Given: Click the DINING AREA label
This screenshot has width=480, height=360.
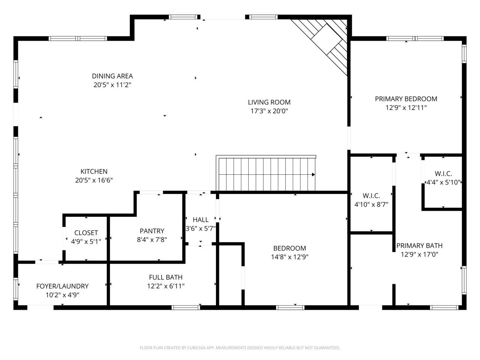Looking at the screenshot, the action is [112, 76].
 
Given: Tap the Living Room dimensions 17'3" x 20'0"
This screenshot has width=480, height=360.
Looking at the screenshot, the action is [269, 111].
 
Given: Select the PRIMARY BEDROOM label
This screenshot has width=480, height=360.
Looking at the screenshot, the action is [406, 99].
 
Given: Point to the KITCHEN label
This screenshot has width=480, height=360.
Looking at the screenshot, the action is [94, 171].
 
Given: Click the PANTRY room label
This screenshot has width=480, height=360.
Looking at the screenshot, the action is [152, 231].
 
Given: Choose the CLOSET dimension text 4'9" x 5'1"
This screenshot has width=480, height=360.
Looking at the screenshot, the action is [86, 241].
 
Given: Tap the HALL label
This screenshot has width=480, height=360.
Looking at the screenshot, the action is [201, 219].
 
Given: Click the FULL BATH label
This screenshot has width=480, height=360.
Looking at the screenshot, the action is [165, 277].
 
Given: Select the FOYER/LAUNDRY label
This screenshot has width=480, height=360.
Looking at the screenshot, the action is [62, 286].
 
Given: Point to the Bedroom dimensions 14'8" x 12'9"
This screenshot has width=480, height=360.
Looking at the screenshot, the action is [289, 257].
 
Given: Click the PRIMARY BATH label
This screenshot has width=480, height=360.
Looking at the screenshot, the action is [419, 246].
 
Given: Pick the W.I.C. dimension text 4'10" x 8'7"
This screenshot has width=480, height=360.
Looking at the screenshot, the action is [371, 204].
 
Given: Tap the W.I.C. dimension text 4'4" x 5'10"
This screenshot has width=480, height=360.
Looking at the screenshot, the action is [443, 182].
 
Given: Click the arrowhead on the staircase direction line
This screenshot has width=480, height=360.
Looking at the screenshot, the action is [313, 174].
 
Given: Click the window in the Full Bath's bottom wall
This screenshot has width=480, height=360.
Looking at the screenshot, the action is [186, 307].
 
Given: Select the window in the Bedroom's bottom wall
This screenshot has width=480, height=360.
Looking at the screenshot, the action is [290, 307].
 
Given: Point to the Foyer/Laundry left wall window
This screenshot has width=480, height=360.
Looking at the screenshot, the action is [16, 289].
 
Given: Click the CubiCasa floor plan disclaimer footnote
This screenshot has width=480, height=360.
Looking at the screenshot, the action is [240, 348].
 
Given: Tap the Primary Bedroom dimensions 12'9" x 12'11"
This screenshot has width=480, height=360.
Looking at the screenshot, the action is [406, 108].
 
